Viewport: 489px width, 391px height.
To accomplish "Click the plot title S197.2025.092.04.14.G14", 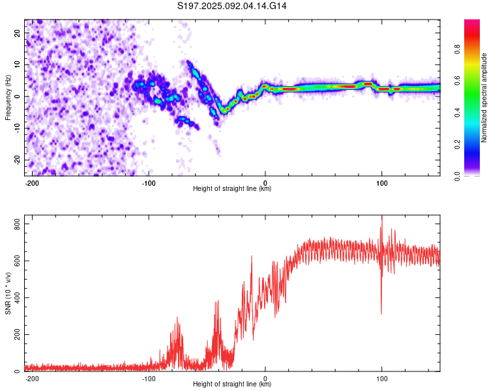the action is (x=231, y=6).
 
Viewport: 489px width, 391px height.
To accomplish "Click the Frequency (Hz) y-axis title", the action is (x=8, y=98).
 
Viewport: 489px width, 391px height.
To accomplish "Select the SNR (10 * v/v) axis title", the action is (x=8, y=293).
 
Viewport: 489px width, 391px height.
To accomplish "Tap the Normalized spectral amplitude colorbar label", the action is (x=484, y=98).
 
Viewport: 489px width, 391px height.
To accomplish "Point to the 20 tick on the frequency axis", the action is (x=18, y=33).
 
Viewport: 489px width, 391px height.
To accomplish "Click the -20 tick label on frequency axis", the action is (x=18, y=160).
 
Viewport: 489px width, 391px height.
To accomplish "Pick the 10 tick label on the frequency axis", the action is (x=18, y=65).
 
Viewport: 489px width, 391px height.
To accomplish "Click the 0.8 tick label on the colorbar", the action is (x=457, y=49).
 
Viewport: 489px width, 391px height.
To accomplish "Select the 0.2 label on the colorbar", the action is (x=457, y=145).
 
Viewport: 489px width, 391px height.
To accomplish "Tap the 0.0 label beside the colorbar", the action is (x=457, y=176).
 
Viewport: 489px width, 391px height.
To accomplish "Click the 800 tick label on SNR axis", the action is (x=18, y=224).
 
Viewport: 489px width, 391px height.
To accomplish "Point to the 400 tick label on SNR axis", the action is (x=18, y=297).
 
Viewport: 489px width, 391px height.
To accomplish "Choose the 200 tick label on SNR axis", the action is (x=18, y=334).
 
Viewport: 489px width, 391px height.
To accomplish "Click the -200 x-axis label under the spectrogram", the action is (x=32, y=183).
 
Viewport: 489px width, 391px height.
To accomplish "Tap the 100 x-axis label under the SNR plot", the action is (x=381, y=379).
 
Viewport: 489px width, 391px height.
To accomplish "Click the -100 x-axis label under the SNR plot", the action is (x=149, y=379).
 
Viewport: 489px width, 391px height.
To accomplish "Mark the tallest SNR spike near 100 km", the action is (x=381, y=216).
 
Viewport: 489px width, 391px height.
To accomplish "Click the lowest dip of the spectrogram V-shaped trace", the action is (x=224, y=111).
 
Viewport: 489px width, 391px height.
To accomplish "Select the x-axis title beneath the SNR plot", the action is (x=232, y=384).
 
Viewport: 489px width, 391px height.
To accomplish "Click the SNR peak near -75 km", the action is (x=177, y=317).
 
